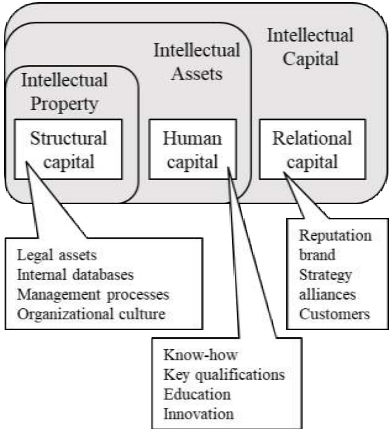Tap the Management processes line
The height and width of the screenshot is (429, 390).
point(93,294)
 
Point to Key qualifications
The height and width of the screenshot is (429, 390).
point(224,376)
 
